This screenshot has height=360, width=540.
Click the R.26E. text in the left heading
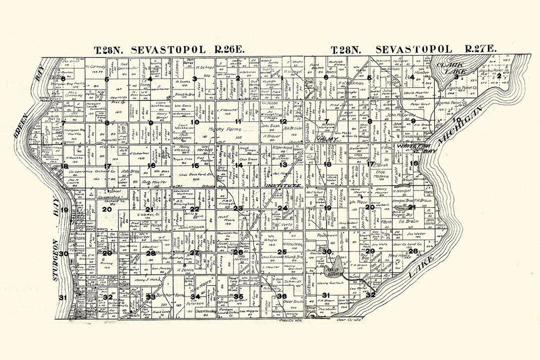pyautogui.click(x=226, y=49)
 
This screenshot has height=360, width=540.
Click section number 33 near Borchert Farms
pyautogui.click(x=151, y=297)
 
